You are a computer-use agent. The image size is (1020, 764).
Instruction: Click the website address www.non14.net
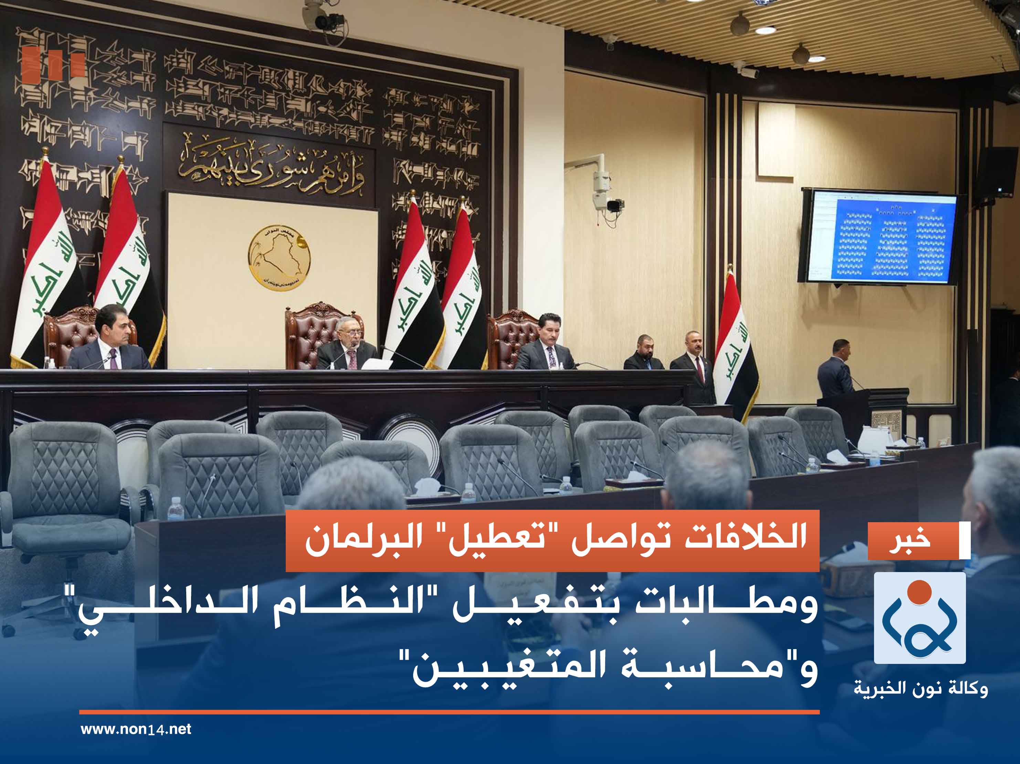[136, 729]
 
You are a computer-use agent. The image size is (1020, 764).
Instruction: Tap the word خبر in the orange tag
[910, 540]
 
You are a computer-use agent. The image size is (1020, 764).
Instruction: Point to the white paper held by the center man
[376, 364]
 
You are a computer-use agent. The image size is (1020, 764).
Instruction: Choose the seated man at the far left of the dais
[111, 341]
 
